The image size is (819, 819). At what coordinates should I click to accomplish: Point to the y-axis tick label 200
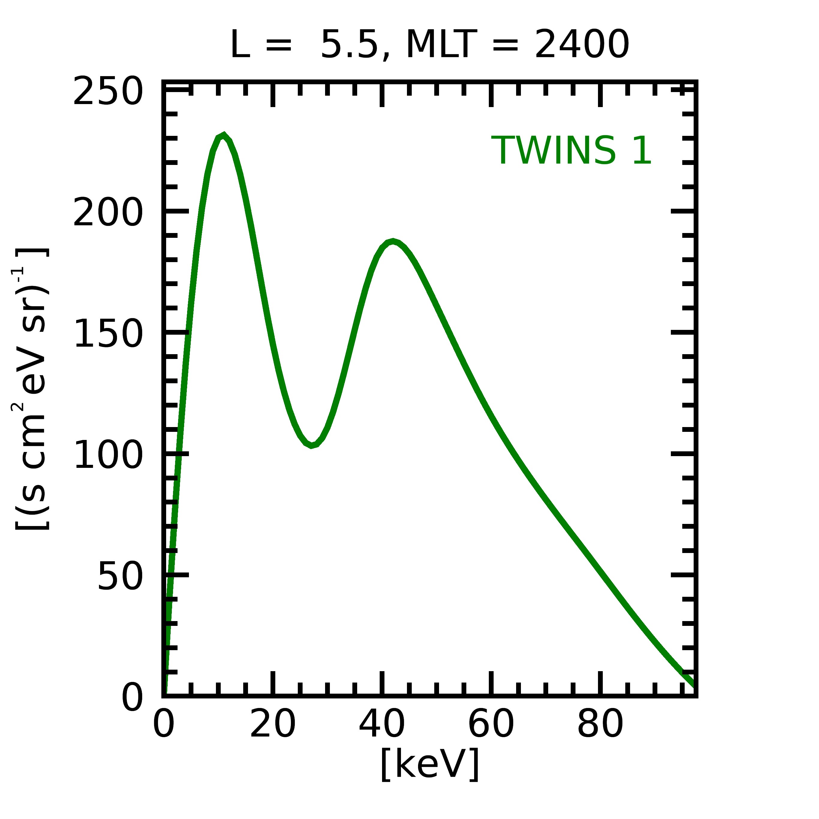[x=107, y=213]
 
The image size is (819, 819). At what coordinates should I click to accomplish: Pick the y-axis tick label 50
[x=120, y=576]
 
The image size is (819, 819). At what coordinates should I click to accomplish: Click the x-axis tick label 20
[x=273, y=725]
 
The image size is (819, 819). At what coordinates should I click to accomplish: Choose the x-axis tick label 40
[x=381, y=725]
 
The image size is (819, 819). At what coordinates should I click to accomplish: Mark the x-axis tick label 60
[x=491, y=725]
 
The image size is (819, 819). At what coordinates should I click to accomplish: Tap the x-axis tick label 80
[x=600, y=725]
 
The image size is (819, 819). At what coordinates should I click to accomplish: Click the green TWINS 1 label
[x=571, y=151]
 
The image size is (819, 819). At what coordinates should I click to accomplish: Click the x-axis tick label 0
[x=164, y=725]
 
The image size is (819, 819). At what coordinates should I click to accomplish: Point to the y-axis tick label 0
[x=132, y=697]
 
